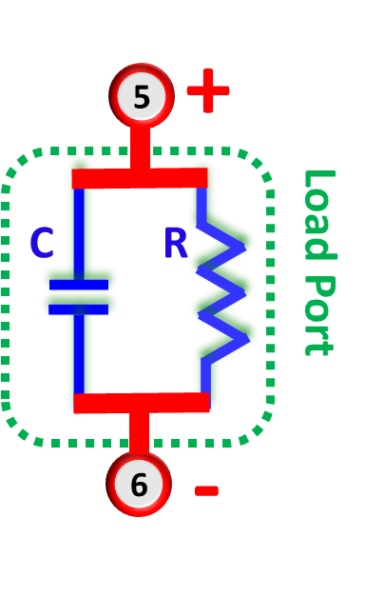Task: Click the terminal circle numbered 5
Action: (x=142, y=96)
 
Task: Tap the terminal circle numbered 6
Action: (x=139, y=484)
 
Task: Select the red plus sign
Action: (x=208, y=90)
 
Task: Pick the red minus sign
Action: (x=206, y=490)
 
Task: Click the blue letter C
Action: (x=42, y=244)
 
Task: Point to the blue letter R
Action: (x=176, y=244)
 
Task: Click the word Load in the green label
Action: (x=318, y=213)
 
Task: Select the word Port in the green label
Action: (x=318, y=314)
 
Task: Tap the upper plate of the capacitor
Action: (x=79, y=285)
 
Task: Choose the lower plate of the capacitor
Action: (x=79, y=309)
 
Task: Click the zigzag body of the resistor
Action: (x=222, y=286)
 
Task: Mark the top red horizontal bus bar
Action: (x=140, y=178)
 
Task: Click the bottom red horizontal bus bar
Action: (x=141, y=403)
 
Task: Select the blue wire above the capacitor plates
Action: (x=79, y=233)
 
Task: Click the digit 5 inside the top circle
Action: (x=142, y=97)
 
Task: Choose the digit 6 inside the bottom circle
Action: (x=139, y=485)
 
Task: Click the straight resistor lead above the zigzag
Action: (x=202, y=202)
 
